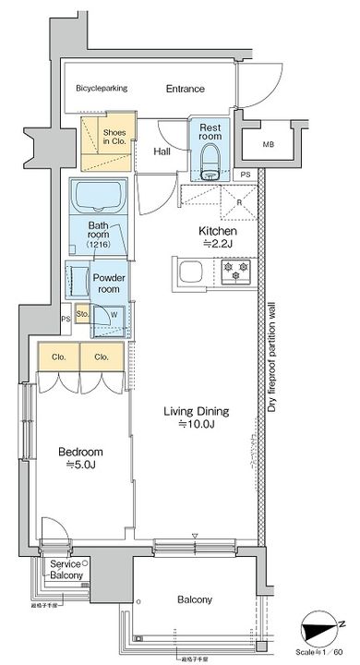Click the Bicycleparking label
pyautogui.click(x=103, y=89)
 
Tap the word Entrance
pyautogui.click(x=186, y=89)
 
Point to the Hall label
pyautogui.click(x=162, y=151)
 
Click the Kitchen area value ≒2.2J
pyautogui.click(x=220, y=244)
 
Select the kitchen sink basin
pyautogui.click(x=193, y=272)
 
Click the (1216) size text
pyautogui.click(x=98, y=246)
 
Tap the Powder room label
pyautogui.click(x=108, y=283)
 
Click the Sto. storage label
pyautogui.click(x=81, y=314)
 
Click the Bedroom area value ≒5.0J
pyautogui.click(x=80, y=465)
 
